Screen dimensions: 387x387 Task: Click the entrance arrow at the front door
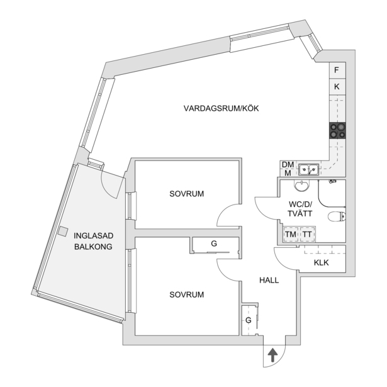click(272, 355)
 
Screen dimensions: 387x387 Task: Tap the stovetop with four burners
click(337, 130)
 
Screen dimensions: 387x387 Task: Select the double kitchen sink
click(308, 169)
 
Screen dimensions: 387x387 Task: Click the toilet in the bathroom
click(337, 216)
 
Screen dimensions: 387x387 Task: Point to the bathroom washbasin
click(301, 186)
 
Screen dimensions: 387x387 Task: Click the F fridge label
click(337, 70)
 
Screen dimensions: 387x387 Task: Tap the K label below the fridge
click(337, 87)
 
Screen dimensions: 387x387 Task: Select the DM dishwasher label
click(288, 165)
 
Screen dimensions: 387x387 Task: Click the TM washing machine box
click(291, 234)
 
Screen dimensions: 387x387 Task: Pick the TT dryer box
click(308, 234)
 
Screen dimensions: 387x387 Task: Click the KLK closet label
click(322, 262)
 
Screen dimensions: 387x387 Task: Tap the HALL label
click(269, 281)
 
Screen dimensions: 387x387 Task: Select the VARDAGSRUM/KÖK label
click(221, 108)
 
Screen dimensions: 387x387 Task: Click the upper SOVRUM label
click(187, 194)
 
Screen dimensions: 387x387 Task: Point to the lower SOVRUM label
click(187, 294)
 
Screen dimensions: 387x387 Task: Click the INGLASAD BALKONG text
click(93, 241)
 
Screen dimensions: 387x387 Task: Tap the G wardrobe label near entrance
click(249, 320)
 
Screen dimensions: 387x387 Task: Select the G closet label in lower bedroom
click(214, 244)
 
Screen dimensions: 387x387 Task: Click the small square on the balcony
click(63, 232)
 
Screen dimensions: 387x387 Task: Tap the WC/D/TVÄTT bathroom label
click(300, 209)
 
